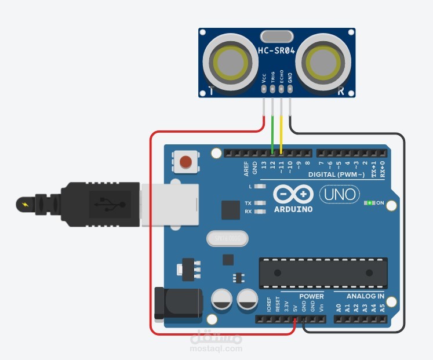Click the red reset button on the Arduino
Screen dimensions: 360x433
point(185,162)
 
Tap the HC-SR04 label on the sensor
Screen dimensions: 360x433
point(276,51)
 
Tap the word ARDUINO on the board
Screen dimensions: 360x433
point(293,209)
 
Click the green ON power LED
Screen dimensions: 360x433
point(369,203)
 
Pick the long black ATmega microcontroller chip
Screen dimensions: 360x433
point(323,273)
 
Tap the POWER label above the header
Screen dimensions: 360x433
point(312,296)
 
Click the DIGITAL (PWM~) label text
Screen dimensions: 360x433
point(337,174)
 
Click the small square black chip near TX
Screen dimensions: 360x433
point(231,210)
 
